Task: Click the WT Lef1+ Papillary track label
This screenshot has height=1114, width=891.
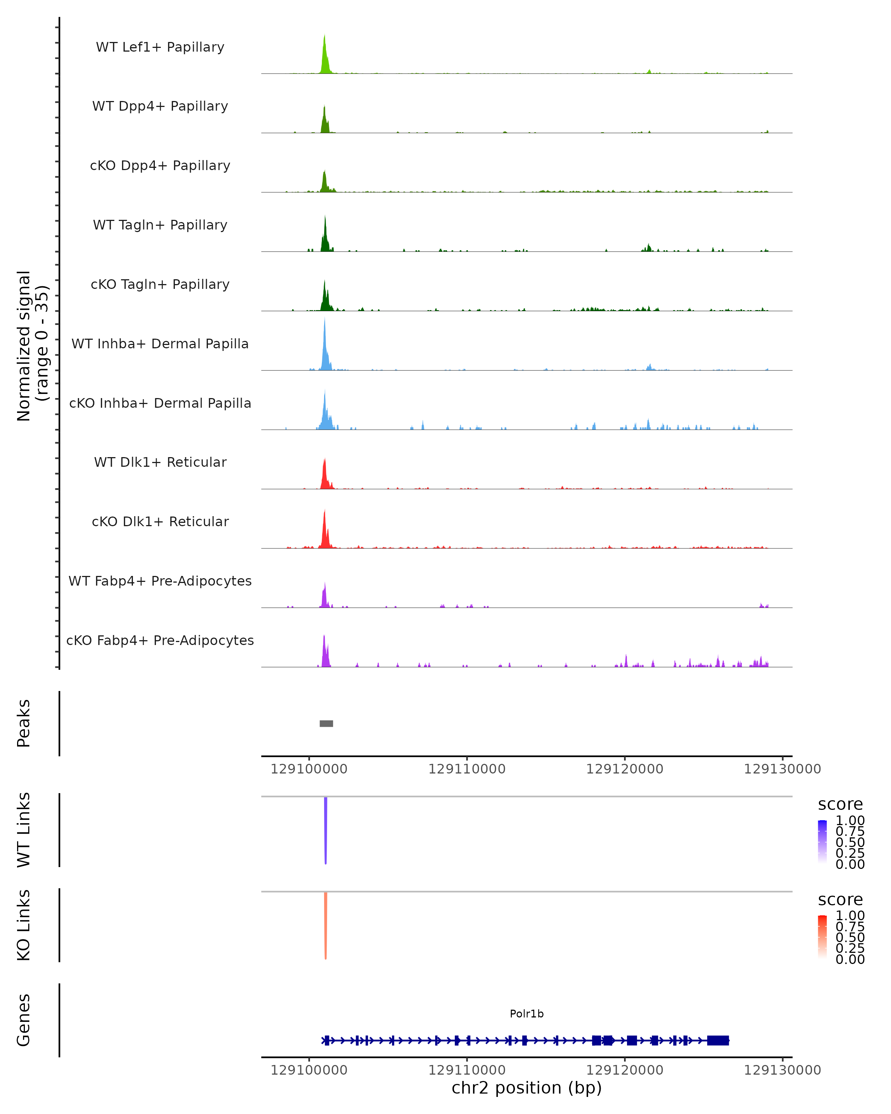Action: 160,47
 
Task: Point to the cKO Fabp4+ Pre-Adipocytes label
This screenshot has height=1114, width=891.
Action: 160,640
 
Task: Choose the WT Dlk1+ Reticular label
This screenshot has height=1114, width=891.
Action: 160,462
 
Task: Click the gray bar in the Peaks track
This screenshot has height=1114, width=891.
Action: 326,723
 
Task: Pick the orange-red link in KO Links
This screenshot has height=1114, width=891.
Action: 326,925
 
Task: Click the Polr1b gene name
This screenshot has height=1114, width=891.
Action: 526,1014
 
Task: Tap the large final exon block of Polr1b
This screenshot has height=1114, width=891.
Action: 718,1040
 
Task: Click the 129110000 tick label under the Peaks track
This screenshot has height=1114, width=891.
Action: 467,769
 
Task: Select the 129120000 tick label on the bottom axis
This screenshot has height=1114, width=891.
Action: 624,1070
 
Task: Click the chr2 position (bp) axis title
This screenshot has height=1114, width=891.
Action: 526,1088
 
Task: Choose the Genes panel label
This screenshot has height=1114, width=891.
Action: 24,1020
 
